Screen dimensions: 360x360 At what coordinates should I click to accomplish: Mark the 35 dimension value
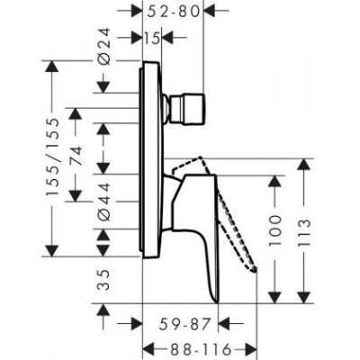[x=104, y=283]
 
